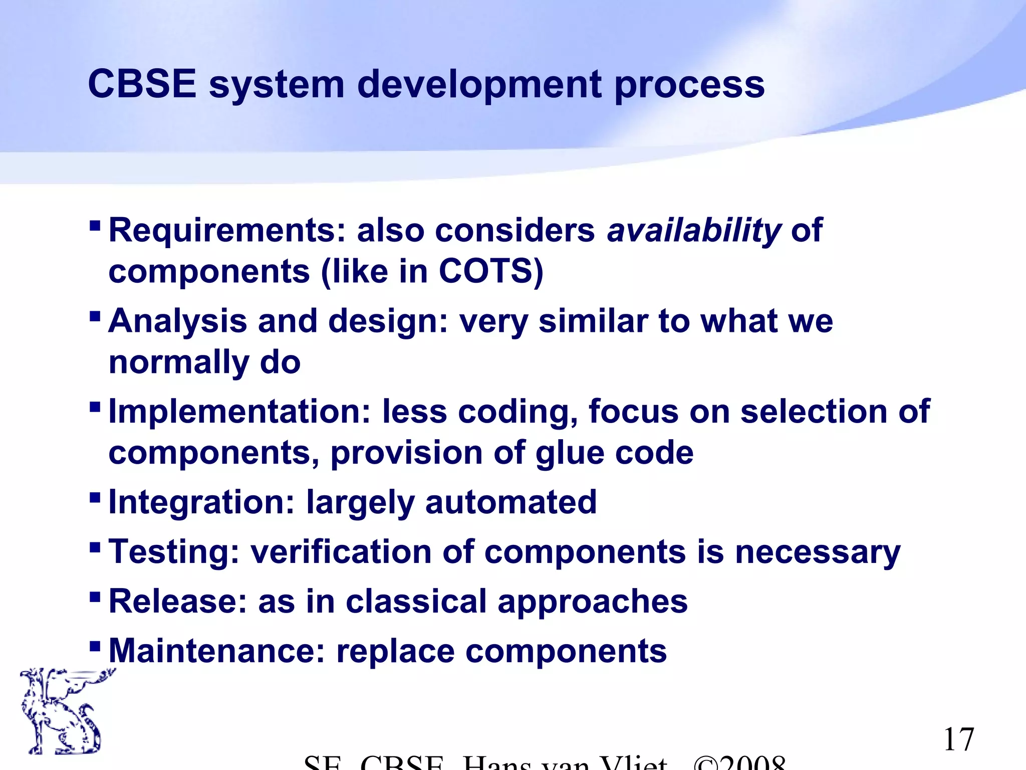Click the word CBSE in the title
(142, 84)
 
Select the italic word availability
(694, 232)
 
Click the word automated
(511, 502)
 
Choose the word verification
(340, 551)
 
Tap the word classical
(416, 601)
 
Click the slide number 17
(958, 740)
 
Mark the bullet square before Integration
(94, 497)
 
